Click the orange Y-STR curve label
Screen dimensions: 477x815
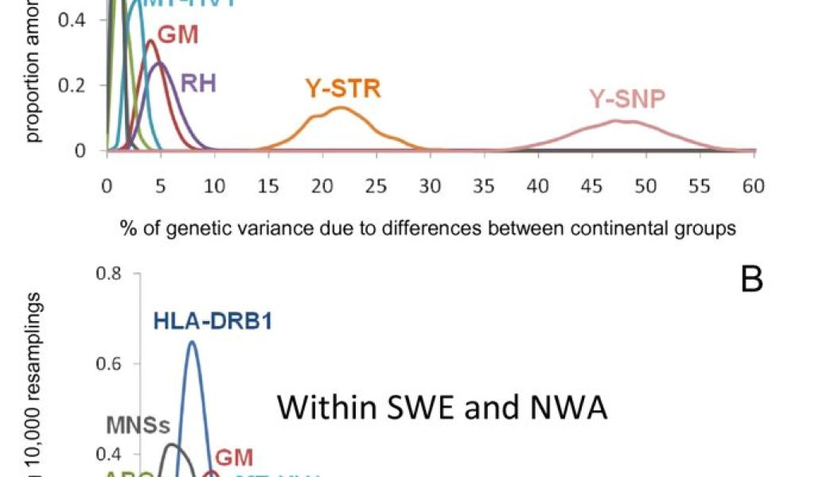point(343,88)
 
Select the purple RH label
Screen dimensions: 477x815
point(199,83)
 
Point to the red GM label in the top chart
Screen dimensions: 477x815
point(177,35)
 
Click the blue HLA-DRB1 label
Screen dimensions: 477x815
point(212,321)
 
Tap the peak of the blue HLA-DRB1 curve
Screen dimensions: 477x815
point(192,342)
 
